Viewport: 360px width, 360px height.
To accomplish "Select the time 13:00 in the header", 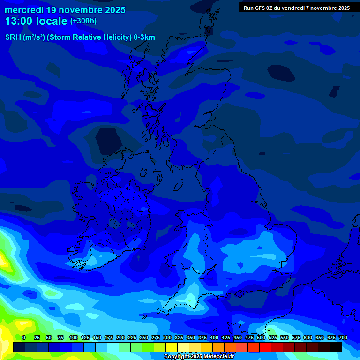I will coord(19,21).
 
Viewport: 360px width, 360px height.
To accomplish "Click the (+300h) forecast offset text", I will coord(83,21).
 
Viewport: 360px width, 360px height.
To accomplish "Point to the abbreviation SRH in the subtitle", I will coord(13,37).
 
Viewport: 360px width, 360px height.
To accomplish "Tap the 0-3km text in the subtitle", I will coord(144,37).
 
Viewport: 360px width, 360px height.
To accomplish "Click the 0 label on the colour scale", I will coord(24,337).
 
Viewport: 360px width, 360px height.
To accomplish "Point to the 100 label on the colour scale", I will coord(74,337).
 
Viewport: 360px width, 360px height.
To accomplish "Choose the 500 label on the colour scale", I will coord(261,337).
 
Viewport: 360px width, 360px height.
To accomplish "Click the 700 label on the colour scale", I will coord(343,337).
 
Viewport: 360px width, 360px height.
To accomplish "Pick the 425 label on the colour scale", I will coord(226,337).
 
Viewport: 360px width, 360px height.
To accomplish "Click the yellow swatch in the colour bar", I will coord(171,347).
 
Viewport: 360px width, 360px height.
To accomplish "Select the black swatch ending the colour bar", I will coord(335,347).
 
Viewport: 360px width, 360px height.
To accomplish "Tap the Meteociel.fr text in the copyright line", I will coord(219,357).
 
